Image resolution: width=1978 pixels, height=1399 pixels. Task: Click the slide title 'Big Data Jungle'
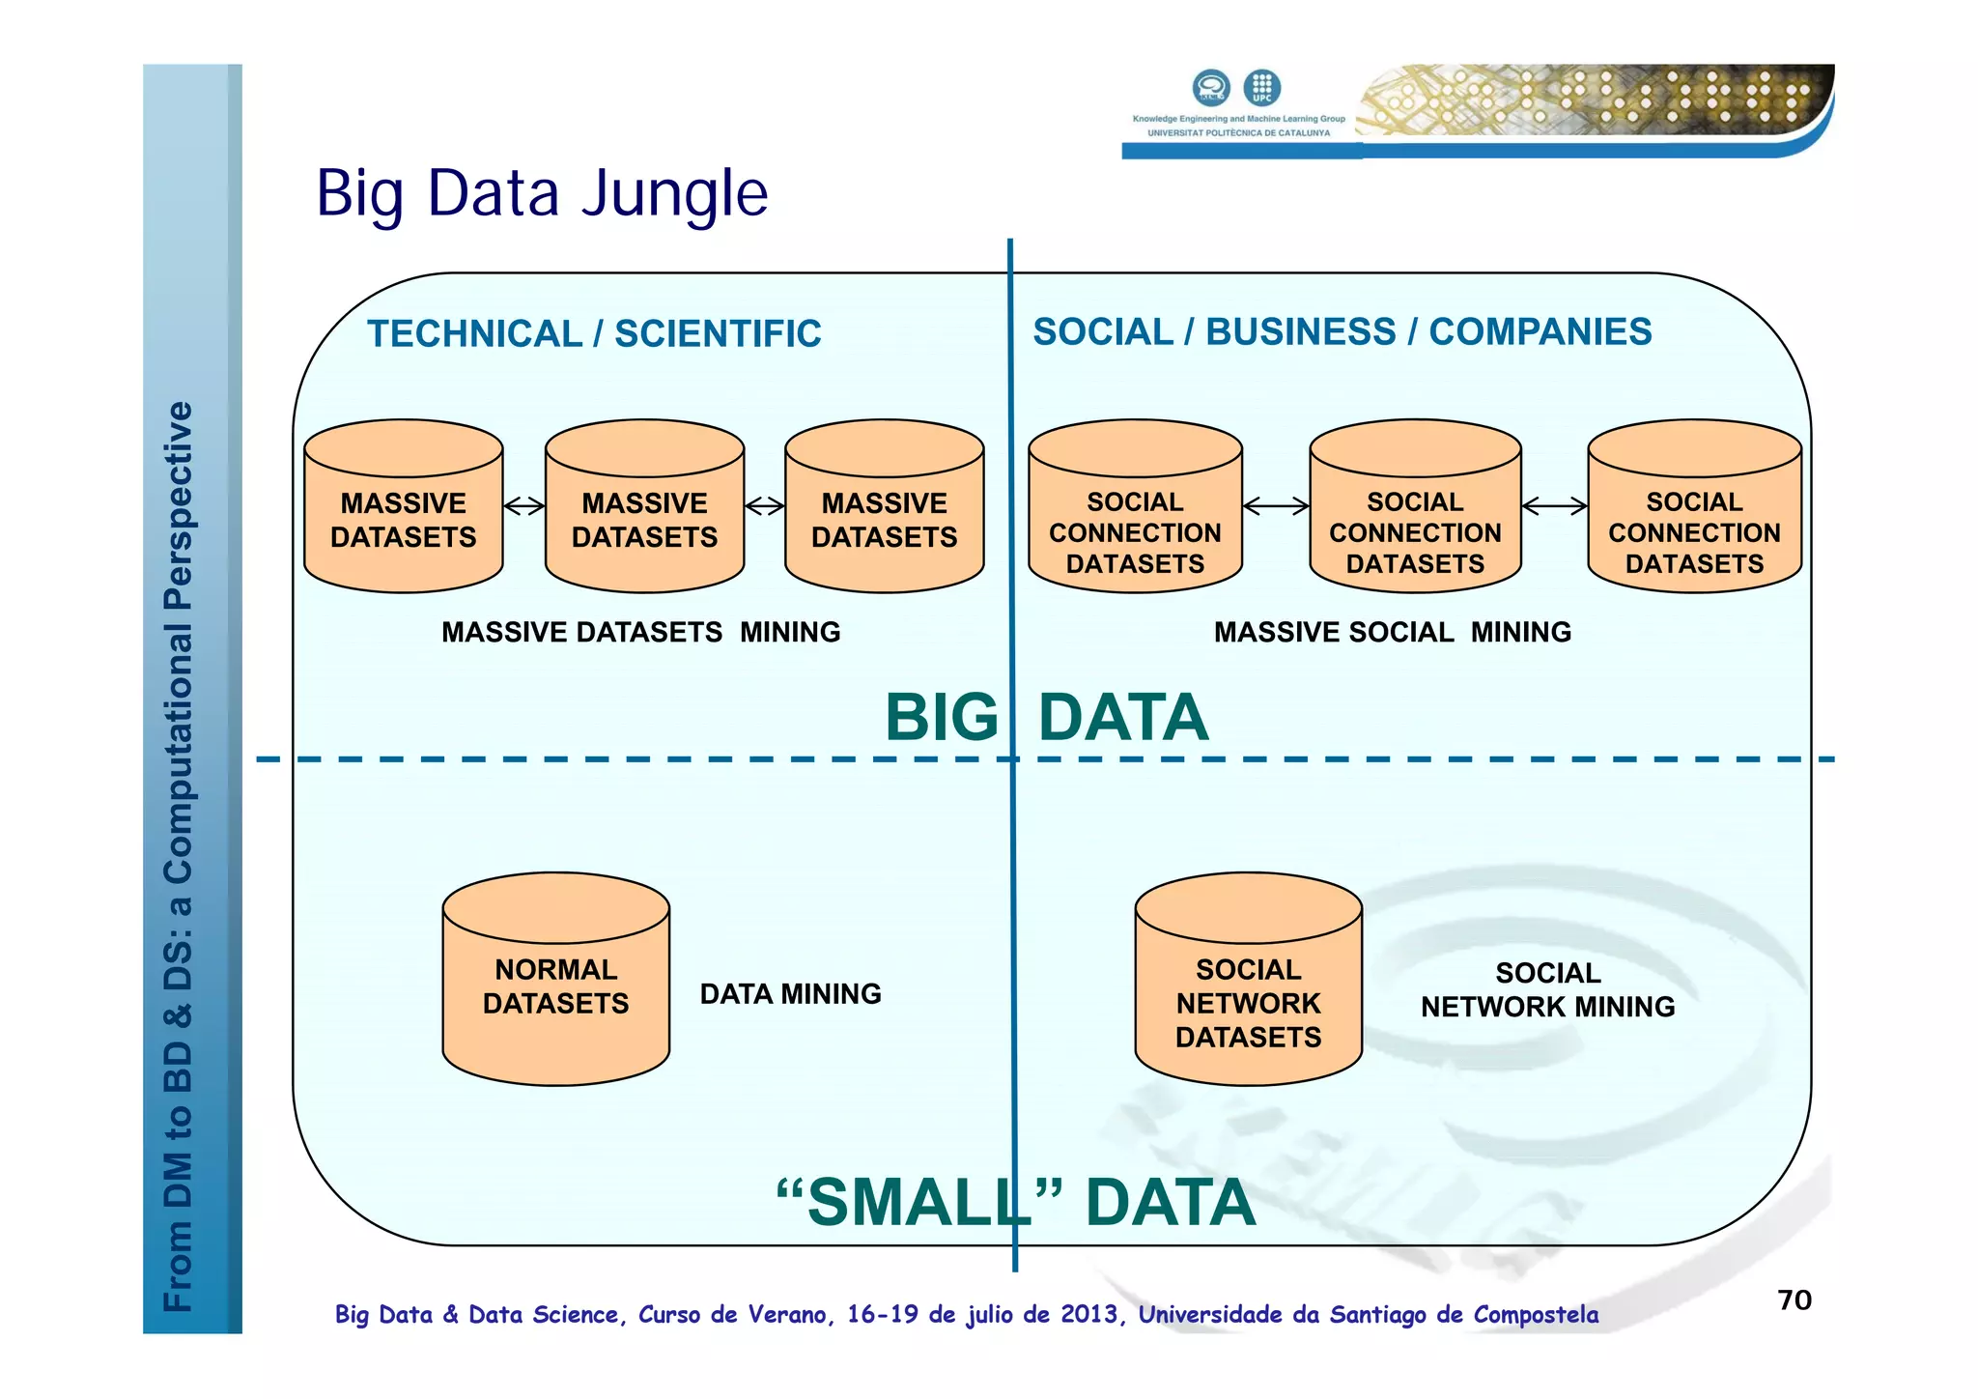click(x=542, y=193)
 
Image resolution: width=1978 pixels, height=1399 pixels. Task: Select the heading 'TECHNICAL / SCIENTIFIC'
click(x=594, y=334)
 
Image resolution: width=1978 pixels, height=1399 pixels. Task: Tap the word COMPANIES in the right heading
click(x=1540, y=332)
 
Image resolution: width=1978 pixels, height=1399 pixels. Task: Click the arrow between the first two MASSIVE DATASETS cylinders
click(x=524, y=505)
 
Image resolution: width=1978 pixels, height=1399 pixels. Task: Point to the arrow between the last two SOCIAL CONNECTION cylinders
click(x=1554, y=505)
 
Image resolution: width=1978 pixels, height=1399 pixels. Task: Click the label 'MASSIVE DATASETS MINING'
click(x=640, y=632)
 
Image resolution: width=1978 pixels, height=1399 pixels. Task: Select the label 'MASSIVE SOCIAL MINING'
click(x=1392, y=632)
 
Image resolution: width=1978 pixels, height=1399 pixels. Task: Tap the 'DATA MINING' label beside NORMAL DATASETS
click(x=790, y=994)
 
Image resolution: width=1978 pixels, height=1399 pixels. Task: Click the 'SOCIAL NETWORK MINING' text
click(x=1547, y=990)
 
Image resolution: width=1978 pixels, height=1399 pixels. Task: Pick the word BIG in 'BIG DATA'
click(x=941, y=718)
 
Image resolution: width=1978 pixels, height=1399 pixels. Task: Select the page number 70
click(x=1794, y=1300)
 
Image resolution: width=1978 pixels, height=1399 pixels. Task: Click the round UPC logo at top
click(x=1261, y=87)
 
